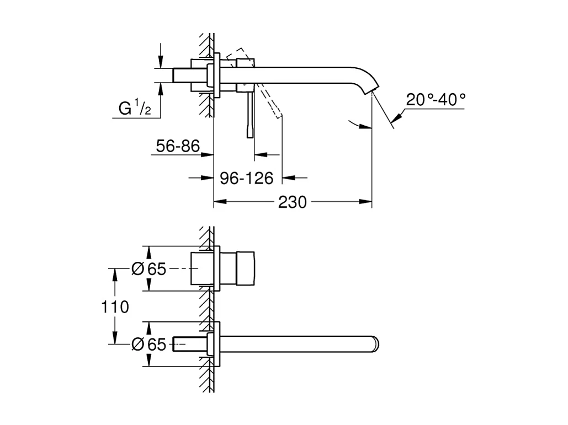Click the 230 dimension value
[x=292, y=202]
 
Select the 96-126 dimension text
[x=247, y=178]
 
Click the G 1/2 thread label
[x=135, y=109]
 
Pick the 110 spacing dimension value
[x=115, y=306]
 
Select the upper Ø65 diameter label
[x=148, y=268]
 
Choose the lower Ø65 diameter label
[x=148, y=345]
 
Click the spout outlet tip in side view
[x=375, y=88]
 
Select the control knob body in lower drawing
[x=246, y=268]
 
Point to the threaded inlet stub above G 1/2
[x=182, y=76]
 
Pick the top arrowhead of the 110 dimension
[x=115, y=273]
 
